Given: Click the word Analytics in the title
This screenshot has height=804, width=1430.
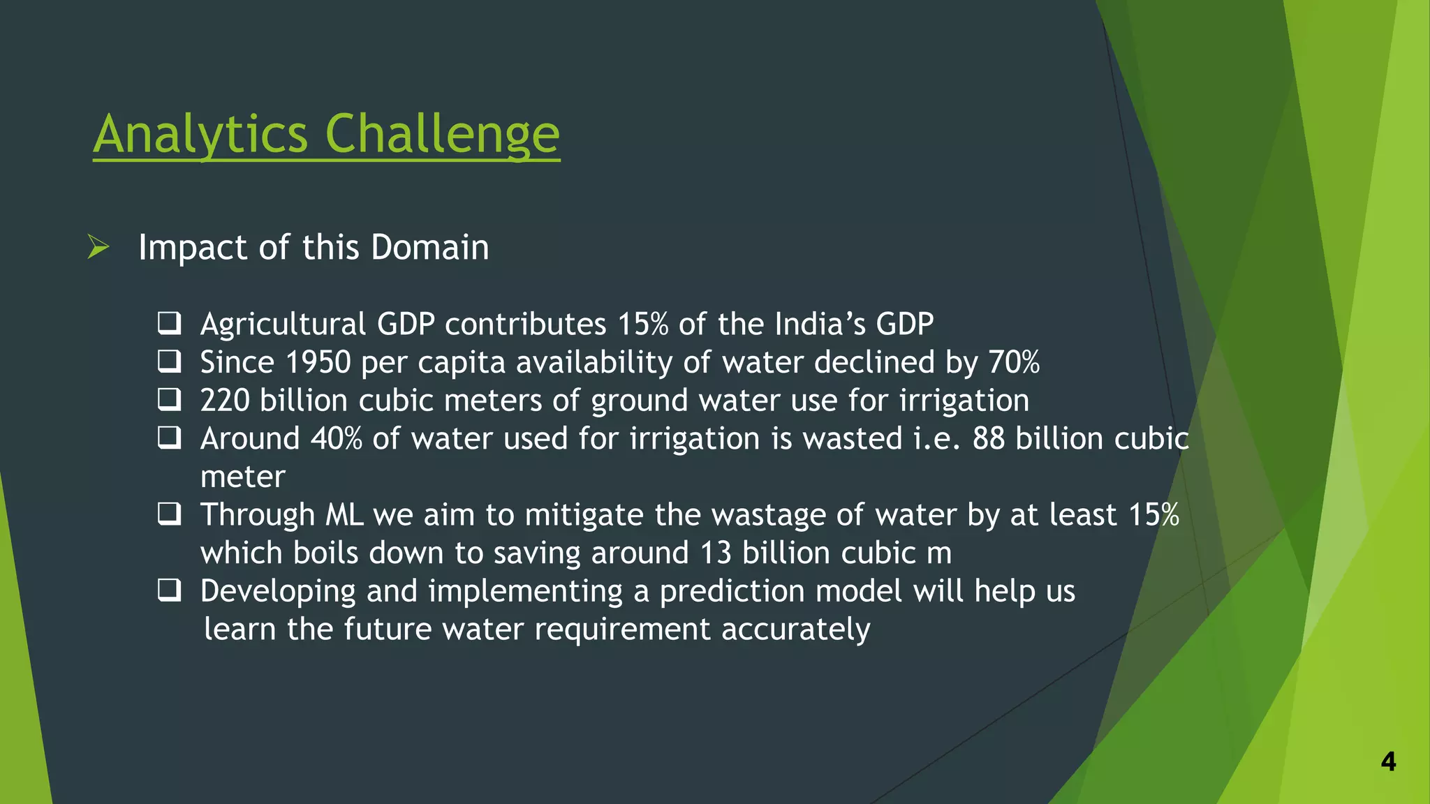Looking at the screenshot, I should coord(200,134).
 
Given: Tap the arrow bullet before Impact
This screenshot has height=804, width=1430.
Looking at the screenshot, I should coord(98,247).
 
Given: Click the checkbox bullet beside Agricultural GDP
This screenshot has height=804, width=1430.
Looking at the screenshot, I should coord(169,323).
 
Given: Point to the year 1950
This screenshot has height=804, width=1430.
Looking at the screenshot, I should coord(318,362).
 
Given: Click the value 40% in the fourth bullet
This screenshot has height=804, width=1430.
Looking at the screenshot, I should coord(336,439).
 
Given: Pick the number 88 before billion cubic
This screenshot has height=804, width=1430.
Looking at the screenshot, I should coord(989,439).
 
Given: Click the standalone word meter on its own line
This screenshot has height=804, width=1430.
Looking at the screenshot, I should coord(242,477).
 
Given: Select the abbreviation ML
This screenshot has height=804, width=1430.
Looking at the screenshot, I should coord(344,515).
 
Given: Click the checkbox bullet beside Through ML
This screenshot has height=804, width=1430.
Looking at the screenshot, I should coord(169,514).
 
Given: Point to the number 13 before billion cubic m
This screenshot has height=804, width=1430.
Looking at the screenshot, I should coord(715,553).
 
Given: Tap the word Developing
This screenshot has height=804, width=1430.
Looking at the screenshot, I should coord(278,592).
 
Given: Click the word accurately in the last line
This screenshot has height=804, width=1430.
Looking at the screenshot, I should coord(795,630).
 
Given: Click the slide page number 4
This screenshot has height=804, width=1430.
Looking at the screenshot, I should coord(1388,761).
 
